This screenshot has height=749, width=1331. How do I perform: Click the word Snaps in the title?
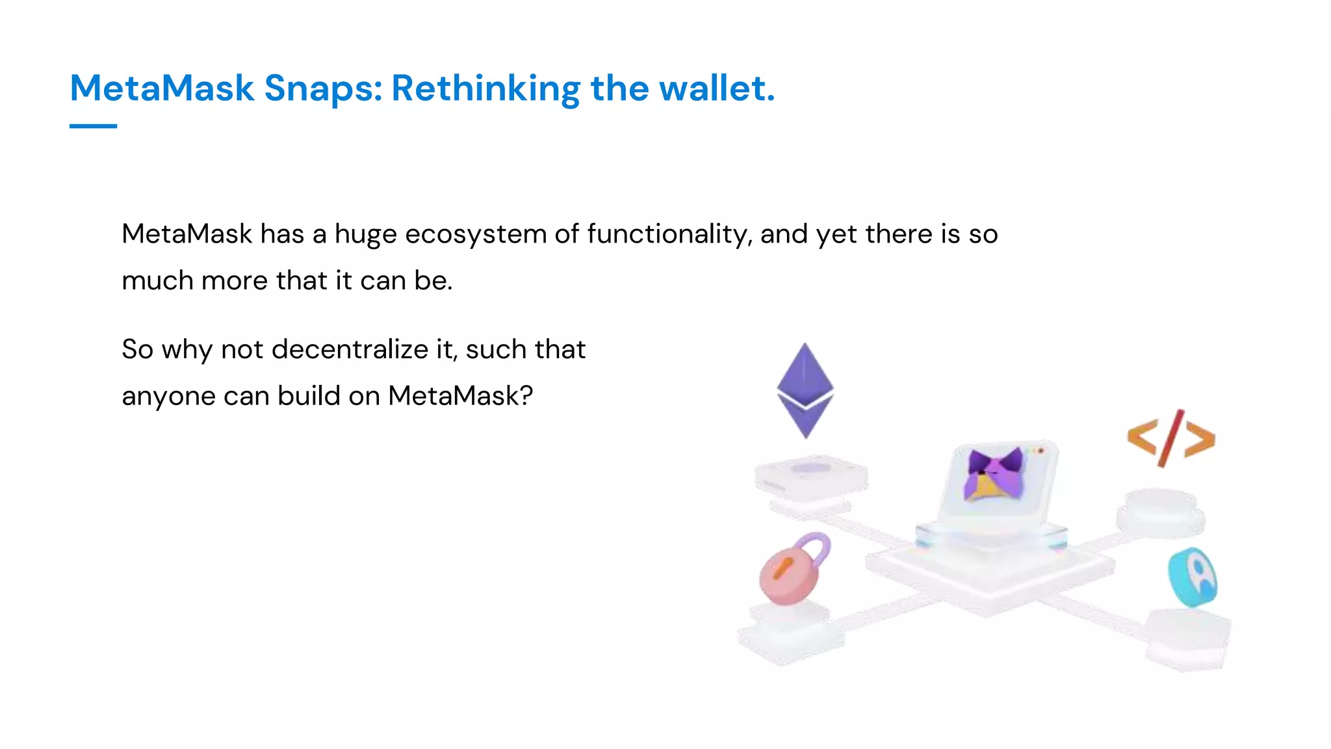click(322, 88)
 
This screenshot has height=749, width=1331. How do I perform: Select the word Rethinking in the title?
click(485, 88)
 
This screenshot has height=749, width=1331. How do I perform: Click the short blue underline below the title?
click(93, 126)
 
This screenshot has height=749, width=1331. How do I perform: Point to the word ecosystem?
click(475, 234)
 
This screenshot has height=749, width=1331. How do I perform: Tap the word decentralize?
click(350, 349)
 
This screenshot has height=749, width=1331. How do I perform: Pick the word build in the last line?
click(309, 395)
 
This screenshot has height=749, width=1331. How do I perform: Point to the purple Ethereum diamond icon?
click(805, 390)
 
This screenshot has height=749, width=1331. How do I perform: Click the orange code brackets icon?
click(1170, 438)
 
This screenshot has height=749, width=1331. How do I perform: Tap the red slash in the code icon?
click(1171, 438)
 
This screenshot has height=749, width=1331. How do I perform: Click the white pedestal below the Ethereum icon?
click(810, 478)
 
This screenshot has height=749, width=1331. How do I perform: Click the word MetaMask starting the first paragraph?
click(187, 234)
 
